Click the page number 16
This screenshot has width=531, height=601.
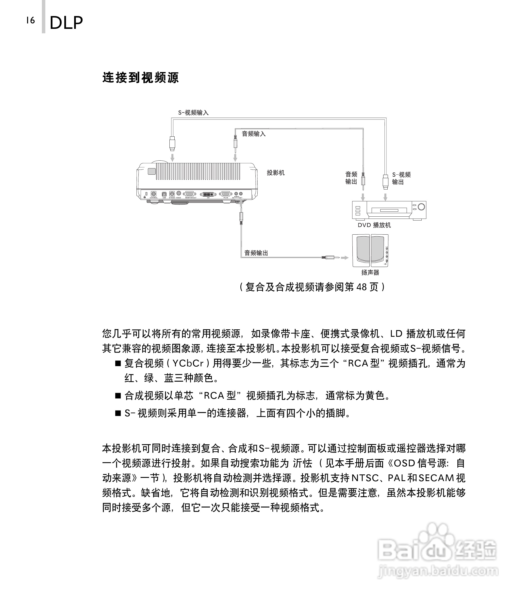31,20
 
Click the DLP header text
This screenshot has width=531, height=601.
66,23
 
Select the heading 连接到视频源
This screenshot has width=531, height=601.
141,78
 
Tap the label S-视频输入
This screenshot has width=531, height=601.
193,113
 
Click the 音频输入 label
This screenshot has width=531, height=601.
254,134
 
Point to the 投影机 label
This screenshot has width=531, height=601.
275,173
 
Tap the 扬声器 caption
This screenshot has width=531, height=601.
370,273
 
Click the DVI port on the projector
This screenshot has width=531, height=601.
208,194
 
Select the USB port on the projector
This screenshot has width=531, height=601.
164,194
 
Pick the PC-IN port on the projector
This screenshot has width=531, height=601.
225,194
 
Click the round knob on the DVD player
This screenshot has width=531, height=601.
421,207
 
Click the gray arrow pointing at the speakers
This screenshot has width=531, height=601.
345,258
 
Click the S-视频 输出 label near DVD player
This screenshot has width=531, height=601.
401,178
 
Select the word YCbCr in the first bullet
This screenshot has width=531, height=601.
188,364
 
